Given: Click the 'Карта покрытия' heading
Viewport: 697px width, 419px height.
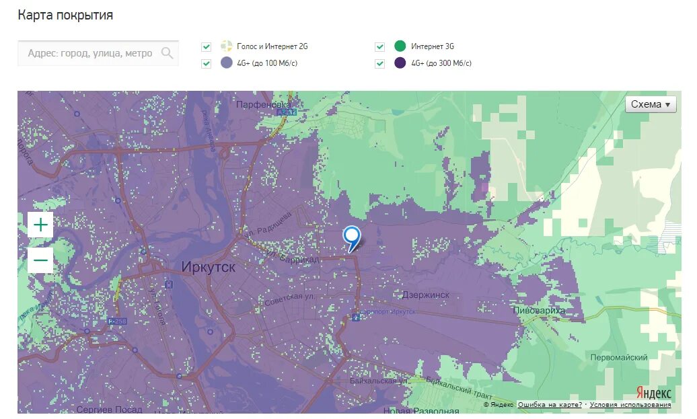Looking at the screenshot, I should (65, 15).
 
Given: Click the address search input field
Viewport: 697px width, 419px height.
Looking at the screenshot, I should (90, 53).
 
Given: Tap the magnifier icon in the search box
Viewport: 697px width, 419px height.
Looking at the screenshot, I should (167, 53).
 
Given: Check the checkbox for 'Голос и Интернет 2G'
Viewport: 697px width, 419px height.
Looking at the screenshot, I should (207, 47).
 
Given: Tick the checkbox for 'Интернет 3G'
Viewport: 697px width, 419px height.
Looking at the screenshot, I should (380, 47).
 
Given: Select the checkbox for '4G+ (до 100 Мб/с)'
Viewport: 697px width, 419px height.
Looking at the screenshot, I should (207, 64).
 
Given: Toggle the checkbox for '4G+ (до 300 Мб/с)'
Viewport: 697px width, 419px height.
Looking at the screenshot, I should (380, 64).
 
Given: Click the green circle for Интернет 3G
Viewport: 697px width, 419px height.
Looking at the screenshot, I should (400, 46).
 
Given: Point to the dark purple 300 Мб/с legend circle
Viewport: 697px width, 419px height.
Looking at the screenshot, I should (400, 63).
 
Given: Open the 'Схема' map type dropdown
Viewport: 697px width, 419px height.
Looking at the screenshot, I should (651, 104).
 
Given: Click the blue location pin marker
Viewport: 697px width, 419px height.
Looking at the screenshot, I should (351, 237).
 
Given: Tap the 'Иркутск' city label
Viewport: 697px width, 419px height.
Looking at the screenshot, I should (209, 267).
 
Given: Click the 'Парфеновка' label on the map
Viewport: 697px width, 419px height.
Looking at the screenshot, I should (263, 105).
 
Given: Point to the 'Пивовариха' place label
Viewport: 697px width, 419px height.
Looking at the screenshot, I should (539, 311).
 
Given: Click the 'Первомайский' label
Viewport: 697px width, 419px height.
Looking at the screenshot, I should (619, 358).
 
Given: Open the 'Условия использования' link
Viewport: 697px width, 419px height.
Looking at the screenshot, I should (630, 405).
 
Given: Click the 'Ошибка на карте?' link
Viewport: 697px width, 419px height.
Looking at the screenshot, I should (550, 405).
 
